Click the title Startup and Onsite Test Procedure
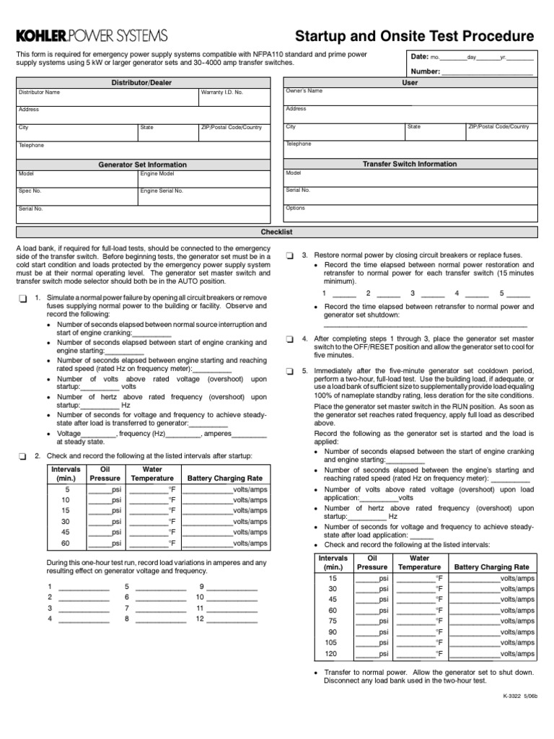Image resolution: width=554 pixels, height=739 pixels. pos(415,37)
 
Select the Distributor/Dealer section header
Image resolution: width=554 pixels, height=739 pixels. pos(141,83)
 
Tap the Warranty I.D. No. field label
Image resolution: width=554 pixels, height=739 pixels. pos(222,92)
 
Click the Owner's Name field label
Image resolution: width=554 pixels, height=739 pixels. pos(304,92)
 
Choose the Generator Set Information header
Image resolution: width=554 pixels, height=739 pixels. pos(141,165)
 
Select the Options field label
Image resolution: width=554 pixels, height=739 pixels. pos(296,208)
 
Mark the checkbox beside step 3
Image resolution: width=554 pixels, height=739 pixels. pos(289,255)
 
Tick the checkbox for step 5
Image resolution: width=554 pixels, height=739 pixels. pos(289,371)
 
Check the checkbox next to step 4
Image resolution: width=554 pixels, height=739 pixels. pos(289,338)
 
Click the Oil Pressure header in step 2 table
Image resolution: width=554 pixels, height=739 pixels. pos(105,473)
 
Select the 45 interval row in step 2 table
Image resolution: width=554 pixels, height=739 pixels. pos(66,533)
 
